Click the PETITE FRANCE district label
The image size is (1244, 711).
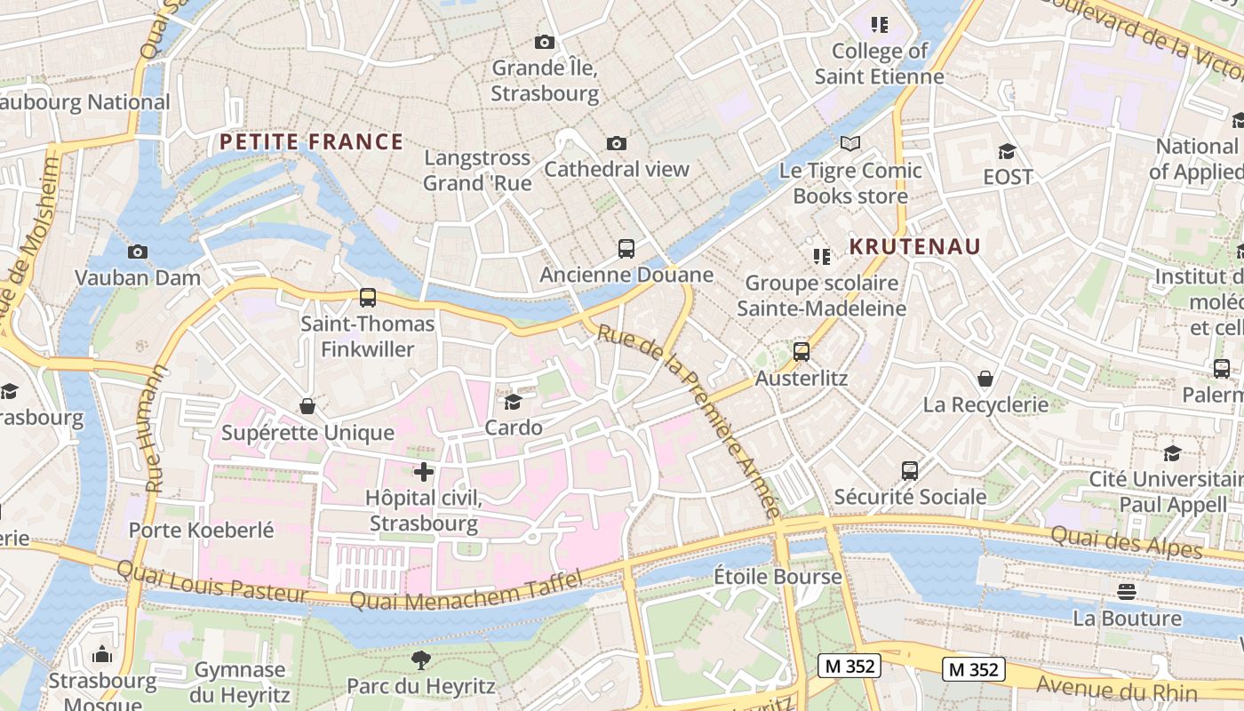tap(311, 142)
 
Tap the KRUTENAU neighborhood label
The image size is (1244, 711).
tap(914, 247)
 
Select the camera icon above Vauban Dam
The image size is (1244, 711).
tap(137, 252)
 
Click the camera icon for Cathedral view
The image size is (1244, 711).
tap(616, 143)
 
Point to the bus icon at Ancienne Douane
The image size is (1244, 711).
tap(626, 249)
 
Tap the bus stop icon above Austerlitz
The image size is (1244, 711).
tap(801, 352)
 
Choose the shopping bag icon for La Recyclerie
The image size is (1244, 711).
tap(985, 379)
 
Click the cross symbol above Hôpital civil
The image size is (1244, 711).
tap(424, 472)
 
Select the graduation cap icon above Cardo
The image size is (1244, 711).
tap(513, 402)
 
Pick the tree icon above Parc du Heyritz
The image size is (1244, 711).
tap(420, 660)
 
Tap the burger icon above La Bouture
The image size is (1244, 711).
tap(1127, 592)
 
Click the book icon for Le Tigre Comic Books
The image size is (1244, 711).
tap(850, 144)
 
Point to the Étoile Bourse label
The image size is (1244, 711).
tap(777, 577)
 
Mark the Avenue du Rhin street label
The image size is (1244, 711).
tap(1117, 689)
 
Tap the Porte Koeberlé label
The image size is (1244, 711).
tap(202, 531)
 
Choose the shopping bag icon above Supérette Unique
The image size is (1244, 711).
tap(307, 406)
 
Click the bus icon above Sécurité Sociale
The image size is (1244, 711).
tap(909, 470)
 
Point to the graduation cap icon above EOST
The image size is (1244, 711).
tap(1007, 152)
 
